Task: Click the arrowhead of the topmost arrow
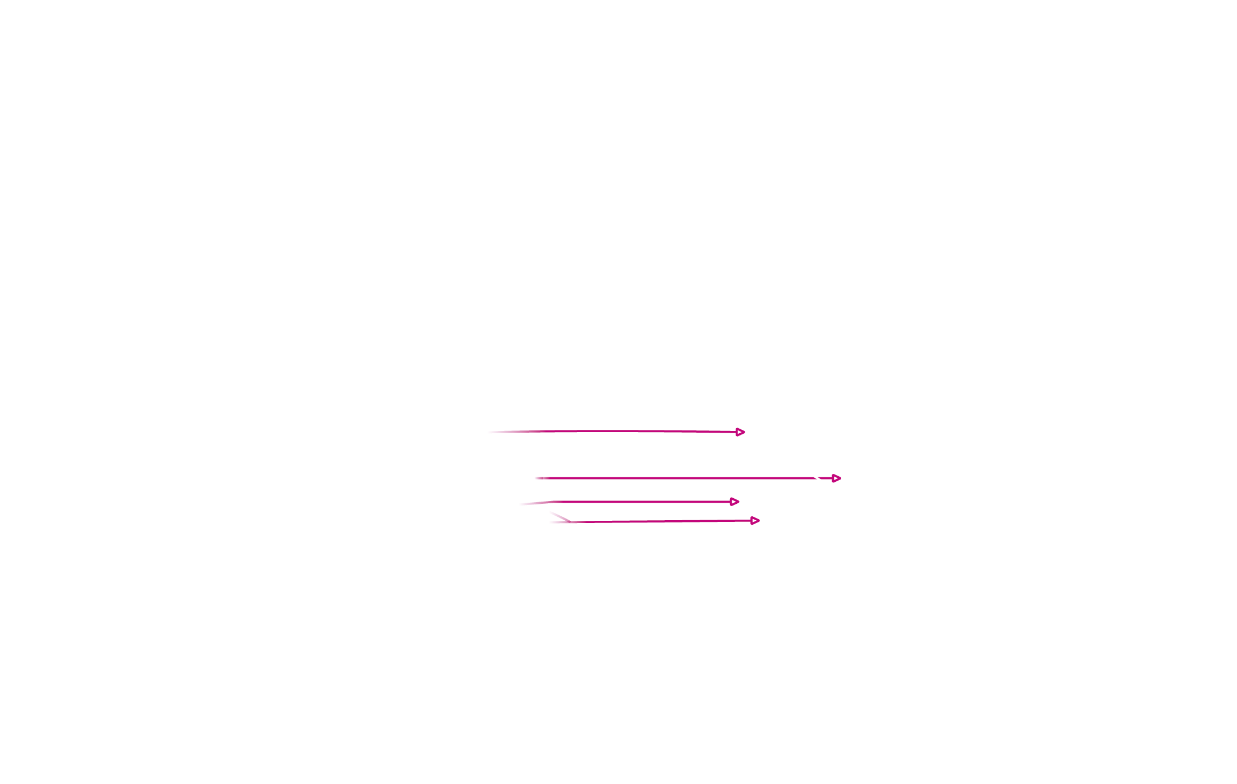(740, 432)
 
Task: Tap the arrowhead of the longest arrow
(836, 478)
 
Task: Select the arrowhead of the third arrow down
(734, 502)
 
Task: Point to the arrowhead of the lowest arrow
(755, 521)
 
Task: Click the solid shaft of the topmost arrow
(621, 431)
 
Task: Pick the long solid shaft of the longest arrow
(677, 478)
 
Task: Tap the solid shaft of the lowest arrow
(661, 521)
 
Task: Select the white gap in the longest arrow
(818, 478)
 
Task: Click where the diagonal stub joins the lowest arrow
(570, 522)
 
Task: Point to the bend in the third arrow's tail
(553, 502)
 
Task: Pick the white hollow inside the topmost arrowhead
(740, 432)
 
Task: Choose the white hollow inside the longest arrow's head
(836, 478)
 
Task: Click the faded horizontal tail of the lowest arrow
(559, 522)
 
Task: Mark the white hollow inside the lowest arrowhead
(754, 521)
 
